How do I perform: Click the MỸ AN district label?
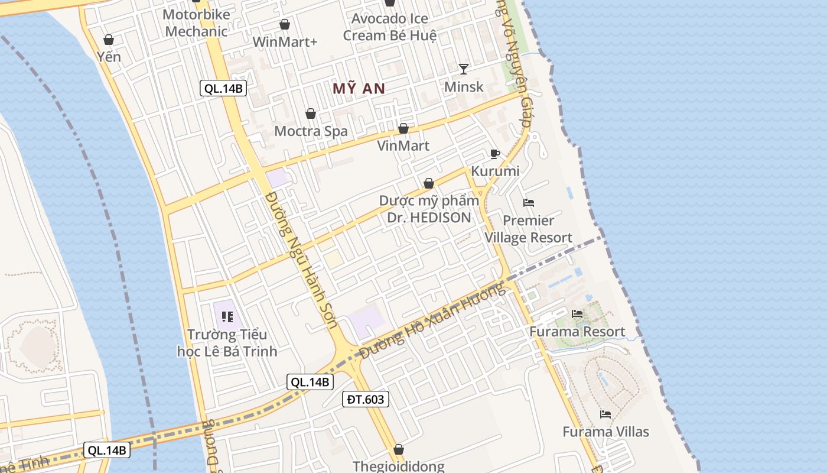pyautogui.click(x=359, y=89)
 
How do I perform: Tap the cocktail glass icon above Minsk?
pyautogui.click(x=464, y=69)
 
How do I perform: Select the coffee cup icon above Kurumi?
pyautogui.click(x=495, y=154)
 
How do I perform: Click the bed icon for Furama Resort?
pyautogui.click(x=577, y=313)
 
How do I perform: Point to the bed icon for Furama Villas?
pyautogui.click(x=605, y=414)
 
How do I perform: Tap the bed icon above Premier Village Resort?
pyautogui.click(x=529, y=203)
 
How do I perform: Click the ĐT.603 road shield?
pyautogui.click(x=366, y=399)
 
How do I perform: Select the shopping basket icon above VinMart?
pyautogui.click(x=403, y=128)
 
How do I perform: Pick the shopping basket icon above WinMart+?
pyautogui.click(x=285, y=24)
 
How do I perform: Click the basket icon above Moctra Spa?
pyautogui.click(x=311, y=114)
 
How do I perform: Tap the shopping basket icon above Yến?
pyautogui.click(x=109, y=40)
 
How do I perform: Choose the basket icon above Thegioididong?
pyautogui.click(x=399, y=449)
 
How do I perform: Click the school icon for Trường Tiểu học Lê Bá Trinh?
pyautogui.click(x=227, y=317)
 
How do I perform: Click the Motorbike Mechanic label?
pyautogui.click(x=196, y=23)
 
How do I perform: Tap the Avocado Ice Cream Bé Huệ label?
pyautogui.click(x=390, y=27)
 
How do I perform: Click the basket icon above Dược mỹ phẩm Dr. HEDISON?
pyautogui.click(x=429, y=183)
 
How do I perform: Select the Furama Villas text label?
pyautogui.click(x=605, y=432)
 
